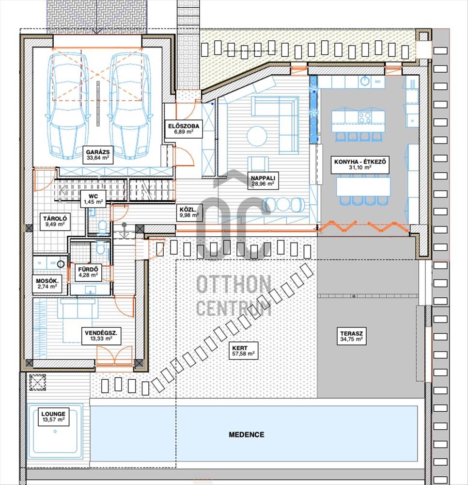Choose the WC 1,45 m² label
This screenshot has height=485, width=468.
point(93,199)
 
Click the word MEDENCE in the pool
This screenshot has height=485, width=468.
point(247,435)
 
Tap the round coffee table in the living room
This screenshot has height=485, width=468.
point(257,135)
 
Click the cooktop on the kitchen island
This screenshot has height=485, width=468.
point(365,117)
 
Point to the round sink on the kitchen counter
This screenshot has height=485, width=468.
point(365,81)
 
